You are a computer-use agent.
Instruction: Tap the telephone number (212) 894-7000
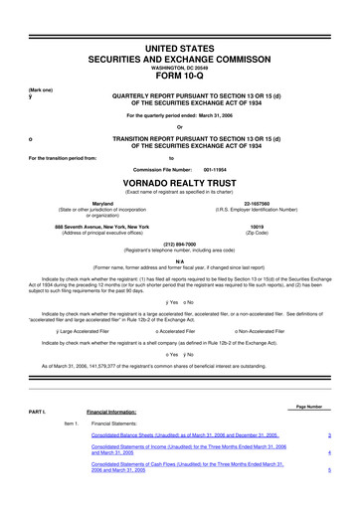coord(180,243)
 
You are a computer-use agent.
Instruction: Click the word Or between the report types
coord(180,127)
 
